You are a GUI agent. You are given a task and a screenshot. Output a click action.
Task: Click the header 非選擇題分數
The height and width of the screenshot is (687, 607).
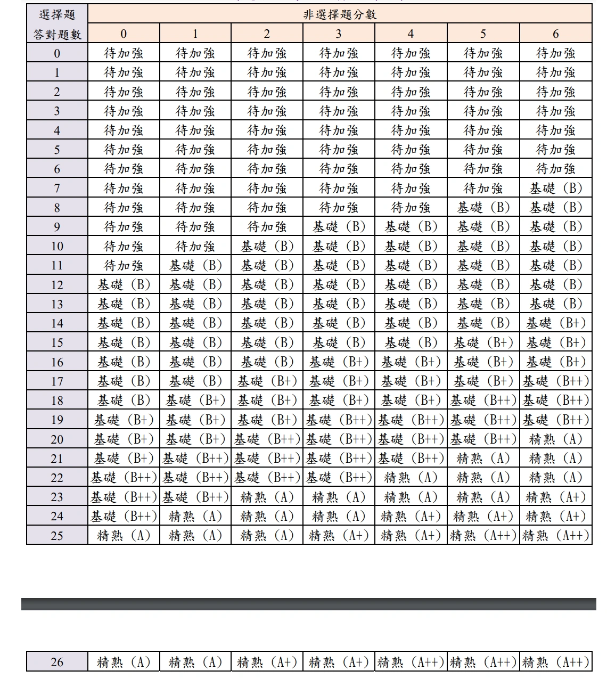(x=340, y=14)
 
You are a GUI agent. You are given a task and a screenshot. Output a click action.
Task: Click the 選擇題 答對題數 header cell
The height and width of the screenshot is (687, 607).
(x=57, y=24)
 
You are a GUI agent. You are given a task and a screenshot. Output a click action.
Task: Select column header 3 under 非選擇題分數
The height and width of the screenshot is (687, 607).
(x=339, y=34)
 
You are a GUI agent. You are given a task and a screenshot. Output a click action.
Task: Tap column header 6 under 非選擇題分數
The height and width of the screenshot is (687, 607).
(x=555, y=34)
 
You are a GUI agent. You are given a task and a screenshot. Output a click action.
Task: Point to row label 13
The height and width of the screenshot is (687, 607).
(x=57, y=304)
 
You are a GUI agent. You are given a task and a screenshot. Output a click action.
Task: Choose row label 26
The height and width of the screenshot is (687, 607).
(x=57, y=662)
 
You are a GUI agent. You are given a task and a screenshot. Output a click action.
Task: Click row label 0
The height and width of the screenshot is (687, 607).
(x=57, y=53)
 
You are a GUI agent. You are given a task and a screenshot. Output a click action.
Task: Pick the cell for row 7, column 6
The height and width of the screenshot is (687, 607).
(x=555, y=188)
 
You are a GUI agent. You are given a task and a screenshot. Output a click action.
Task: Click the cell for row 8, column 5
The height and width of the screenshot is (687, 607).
(x=483, y=208)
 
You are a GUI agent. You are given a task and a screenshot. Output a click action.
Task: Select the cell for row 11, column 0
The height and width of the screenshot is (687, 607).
(x=124, y=265)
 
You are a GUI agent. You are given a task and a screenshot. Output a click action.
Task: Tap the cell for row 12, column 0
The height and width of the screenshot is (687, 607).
(x=124, y=285)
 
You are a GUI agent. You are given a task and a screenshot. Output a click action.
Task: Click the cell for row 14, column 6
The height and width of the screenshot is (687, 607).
(x=555, y=323)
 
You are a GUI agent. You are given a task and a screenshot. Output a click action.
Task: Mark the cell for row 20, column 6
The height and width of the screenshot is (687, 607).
(x=555, y=439)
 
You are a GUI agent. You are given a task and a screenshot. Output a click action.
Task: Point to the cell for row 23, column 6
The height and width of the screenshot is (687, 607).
(x=555, y=497)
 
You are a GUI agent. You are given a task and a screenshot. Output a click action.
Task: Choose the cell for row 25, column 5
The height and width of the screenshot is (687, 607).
(x=483, y=535)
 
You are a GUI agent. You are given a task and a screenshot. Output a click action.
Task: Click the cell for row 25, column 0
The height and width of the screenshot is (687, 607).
(x=124, y=535)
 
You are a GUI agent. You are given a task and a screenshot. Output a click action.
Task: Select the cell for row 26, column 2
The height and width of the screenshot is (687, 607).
(x=267, y=662)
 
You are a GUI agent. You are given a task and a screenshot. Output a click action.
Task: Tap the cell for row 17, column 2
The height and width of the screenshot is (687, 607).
(x=267, y=381)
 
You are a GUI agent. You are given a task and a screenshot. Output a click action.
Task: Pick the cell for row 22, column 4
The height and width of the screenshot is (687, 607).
(x=411, y=478)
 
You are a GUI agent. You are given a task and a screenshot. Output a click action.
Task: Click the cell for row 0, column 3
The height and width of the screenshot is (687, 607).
(x=339, y=53)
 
